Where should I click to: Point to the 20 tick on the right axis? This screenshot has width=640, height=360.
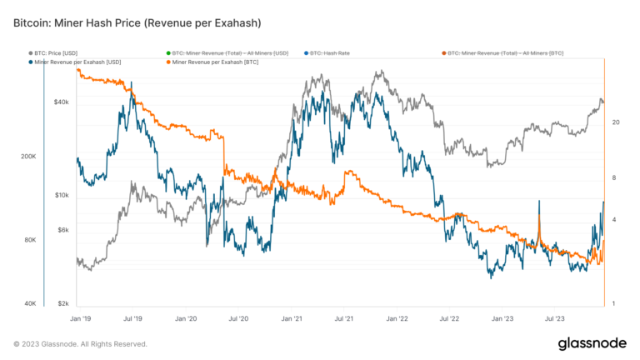coord(615,122)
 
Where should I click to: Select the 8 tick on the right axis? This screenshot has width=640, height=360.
coord(613,177)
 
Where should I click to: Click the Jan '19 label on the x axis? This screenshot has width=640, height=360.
coord(80,318)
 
